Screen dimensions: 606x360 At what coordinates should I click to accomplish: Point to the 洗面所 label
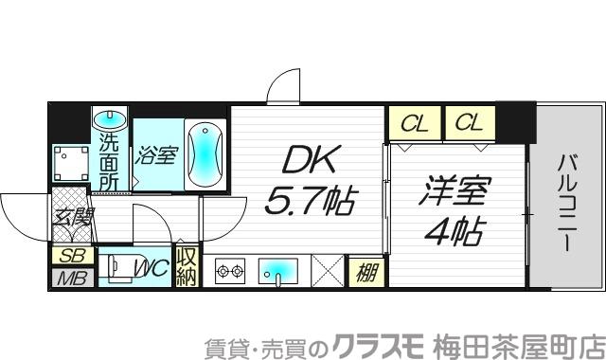tap(110, 162)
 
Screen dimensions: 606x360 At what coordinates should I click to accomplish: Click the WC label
tap(152, 269)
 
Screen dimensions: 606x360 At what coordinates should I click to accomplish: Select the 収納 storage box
tap(187, 266)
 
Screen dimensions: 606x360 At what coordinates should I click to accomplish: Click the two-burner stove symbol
tap(231, 270)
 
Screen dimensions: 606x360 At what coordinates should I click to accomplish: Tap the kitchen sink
tap(277, 270)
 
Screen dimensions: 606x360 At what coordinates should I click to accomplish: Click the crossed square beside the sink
tap(326, 270)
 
